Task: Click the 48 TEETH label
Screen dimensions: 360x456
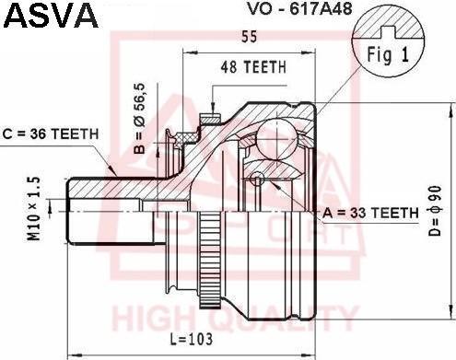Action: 253,67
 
